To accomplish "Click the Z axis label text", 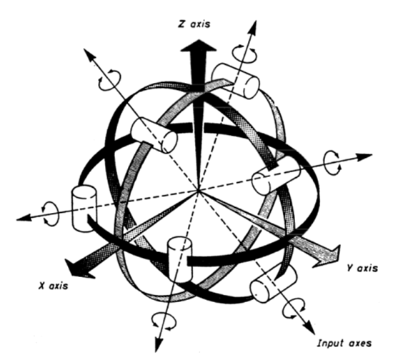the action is (194, 24).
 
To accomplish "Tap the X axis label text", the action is (53, 286).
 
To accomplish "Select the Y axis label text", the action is (363, 269).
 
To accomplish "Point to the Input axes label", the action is (344, 343).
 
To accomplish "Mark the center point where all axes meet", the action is (199, 191).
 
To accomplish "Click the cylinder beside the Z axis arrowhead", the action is (236, 81).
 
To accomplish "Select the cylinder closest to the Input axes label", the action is (274, 284).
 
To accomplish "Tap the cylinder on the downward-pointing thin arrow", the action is (179, 259).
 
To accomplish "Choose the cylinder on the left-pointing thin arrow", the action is (84, 209).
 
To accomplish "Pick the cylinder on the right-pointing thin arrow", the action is (276, 176).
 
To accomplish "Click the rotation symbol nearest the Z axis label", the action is (244, 54).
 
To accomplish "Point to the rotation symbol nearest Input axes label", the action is (294, 308).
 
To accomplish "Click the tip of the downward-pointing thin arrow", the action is (156, 352).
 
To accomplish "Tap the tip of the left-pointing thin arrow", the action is (16, 220).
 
